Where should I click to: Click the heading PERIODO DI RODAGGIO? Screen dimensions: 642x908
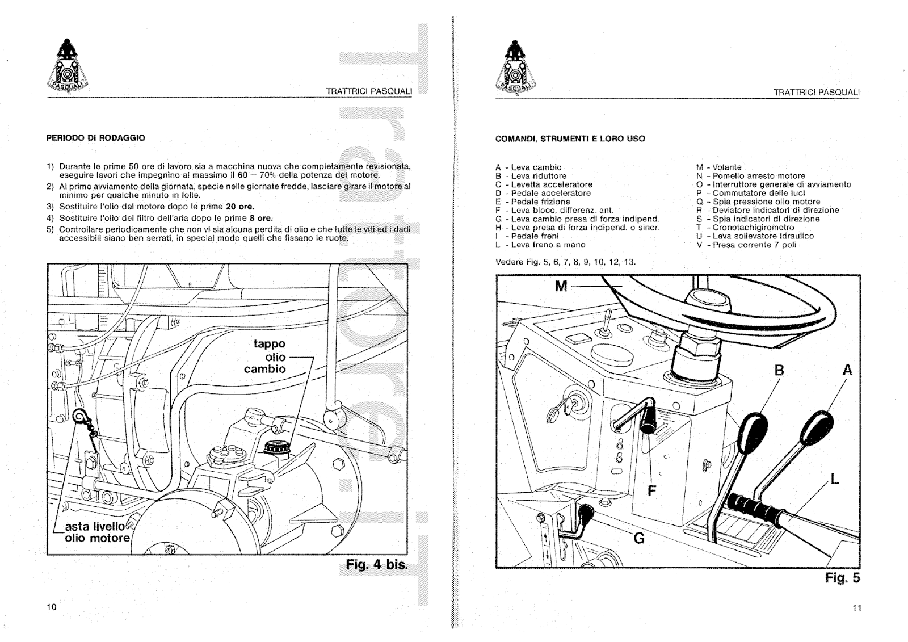(x=95, y=138)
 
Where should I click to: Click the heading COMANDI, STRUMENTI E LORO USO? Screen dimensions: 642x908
(x=570, y=139)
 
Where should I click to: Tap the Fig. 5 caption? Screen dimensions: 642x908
(x=842, y=578)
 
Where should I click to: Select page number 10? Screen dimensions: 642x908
(x=52, y=607)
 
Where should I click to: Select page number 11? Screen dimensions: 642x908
(x=856, y=608)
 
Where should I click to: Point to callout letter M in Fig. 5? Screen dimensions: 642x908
(x=561, y=286)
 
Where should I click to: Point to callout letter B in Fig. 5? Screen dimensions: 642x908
(x=779, y=371)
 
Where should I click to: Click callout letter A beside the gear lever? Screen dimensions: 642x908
(x=847, y=371)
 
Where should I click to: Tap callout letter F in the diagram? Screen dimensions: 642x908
(x=651, y=490)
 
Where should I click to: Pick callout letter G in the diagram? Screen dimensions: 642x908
(x=639, y=538)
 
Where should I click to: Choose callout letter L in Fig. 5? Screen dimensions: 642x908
(x=834, y=480)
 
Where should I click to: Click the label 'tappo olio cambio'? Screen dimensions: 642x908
(x=269, y=356)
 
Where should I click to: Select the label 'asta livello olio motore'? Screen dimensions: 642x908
(x=97, y=532)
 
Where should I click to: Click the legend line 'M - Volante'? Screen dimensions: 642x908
(x=718, y=167)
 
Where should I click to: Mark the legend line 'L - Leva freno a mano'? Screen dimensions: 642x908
(x=540, y=245)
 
